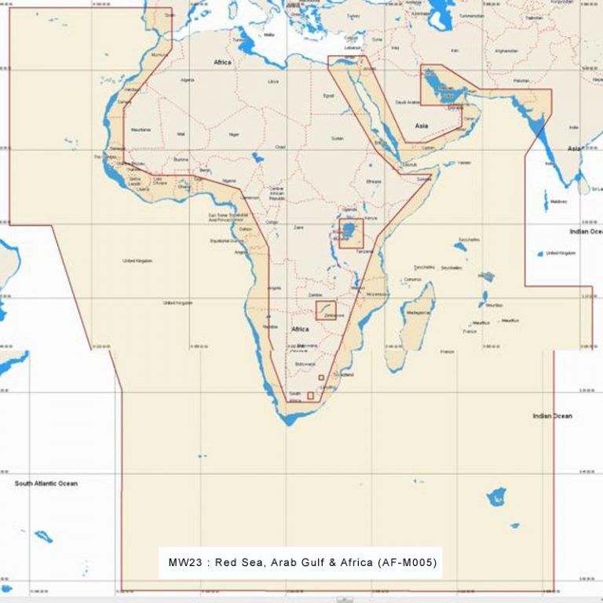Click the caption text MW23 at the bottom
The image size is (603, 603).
[184, 563]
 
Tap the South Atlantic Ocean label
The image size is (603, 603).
[46, 484]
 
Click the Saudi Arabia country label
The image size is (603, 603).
[407, 102]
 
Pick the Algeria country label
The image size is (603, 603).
[188, 79]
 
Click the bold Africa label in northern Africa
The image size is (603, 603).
[222, 61]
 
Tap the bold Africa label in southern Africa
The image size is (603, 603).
[300, 329]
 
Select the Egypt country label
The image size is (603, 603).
[330, 96]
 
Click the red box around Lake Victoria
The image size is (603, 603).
[351, 234]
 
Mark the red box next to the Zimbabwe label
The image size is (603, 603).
[326, 310]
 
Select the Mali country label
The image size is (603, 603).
[181, 134]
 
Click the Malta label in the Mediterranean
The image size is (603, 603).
[269, 35]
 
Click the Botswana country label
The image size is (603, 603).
[305, 365]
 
